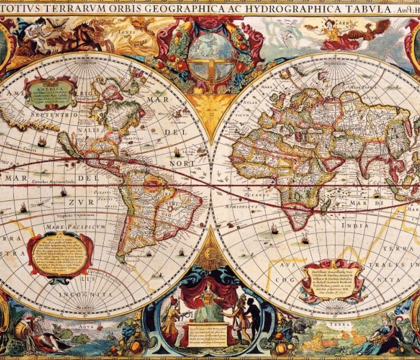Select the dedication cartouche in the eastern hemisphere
point(333,279)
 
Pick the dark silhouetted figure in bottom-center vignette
point(253,312)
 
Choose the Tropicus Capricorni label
point(77,215)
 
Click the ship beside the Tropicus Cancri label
point(43,142)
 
